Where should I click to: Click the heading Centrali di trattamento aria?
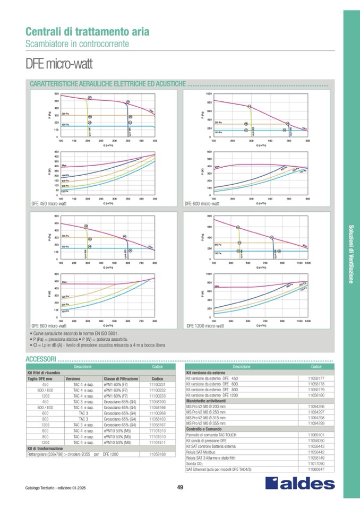(x=88, y=31)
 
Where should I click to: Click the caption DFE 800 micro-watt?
(x=49, y=325)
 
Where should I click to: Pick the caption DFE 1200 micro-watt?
(x=205, y=325)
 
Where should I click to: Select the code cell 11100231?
(x=158, y=384)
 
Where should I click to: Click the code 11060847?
(x=316, y=469)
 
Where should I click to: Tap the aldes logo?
(x=300, y=483)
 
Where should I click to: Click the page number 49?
(x=180, y=488)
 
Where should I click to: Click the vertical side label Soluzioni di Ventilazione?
(x=351, y=255)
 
